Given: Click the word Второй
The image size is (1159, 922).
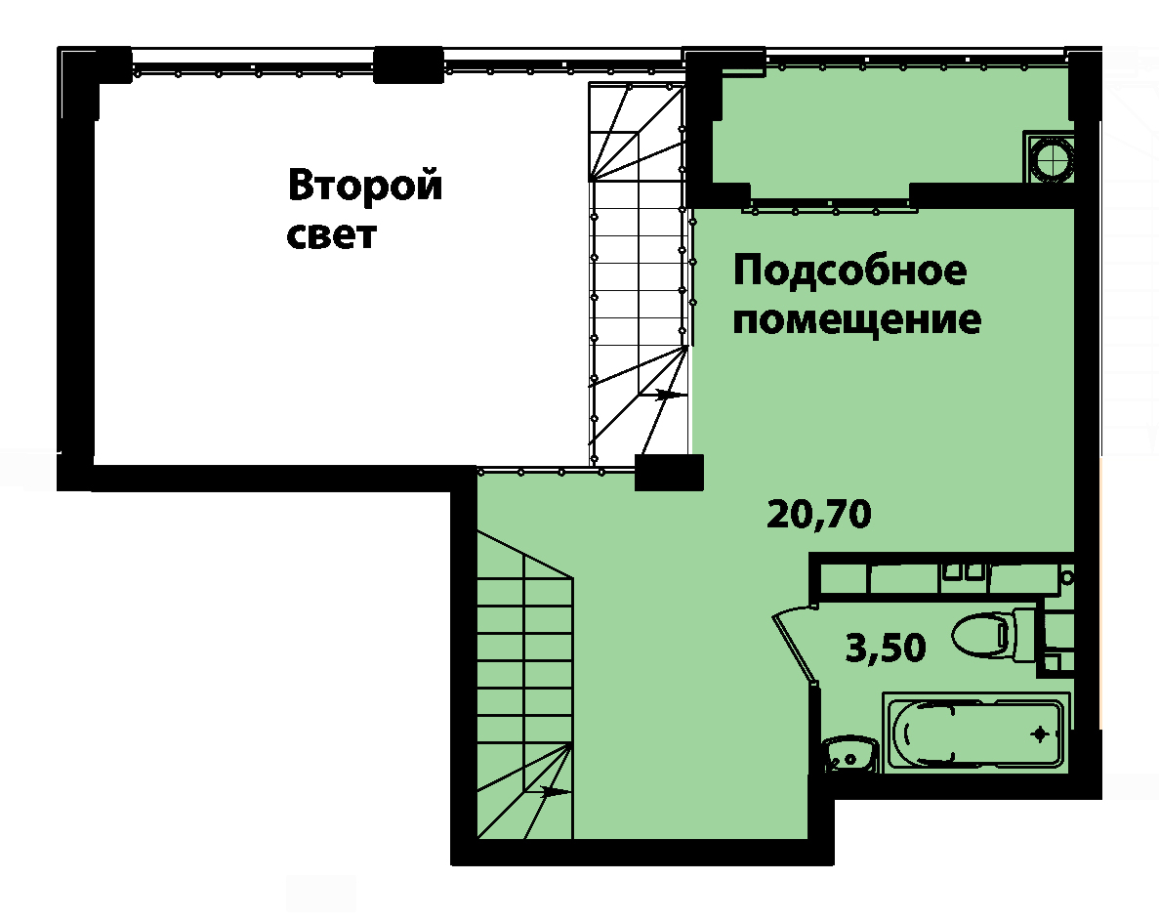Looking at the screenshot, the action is pyautogui.click(x=365, y=185).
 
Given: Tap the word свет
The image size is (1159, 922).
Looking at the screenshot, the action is pyautogui.click(x=332, y=235).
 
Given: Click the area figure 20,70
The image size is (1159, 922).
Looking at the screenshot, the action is pyautogui.click(x=819, y=514).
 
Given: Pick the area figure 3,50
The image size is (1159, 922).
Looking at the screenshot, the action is pyautogui.click(x=886, y=648).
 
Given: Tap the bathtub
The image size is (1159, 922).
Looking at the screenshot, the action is pyautogui.click(x=975, y=733).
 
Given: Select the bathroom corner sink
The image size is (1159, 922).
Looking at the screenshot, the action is pyautogui.click(x=849, y=754).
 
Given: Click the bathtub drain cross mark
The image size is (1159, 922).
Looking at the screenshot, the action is pyautogui.click(x=1040, y=734).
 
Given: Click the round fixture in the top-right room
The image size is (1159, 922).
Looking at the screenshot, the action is pyautogui.click(x=1048, y=157).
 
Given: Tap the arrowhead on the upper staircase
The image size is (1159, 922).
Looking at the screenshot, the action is pyautogui.click(x=668, y=395).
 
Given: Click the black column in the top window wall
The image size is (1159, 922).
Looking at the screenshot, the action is pyautogui.click(x=408, y=65).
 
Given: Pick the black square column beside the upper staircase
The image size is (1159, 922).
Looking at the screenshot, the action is pyautogui.click(x=669, y=473).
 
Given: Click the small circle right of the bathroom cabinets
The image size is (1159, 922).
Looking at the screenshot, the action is pyautogui.click(x=1066, y=577).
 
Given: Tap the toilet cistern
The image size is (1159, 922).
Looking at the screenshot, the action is pyautogui.click(x=1025, y=635).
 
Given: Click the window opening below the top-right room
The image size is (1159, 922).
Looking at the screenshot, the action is pyautogui.click(x=830, y=205).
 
